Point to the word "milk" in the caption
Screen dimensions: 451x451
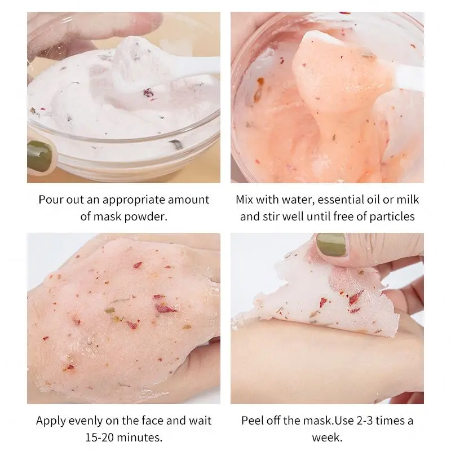point(407,200)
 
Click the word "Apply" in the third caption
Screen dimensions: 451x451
point(50,421)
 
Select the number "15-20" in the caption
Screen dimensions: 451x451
point(98,437)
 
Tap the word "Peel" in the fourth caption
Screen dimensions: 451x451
point(253,421)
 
